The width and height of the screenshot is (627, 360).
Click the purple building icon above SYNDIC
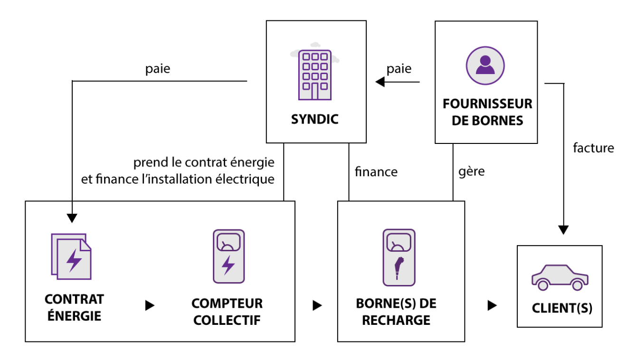point(315,75)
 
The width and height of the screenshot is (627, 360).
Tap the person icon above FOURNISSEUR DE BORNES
point(485,66)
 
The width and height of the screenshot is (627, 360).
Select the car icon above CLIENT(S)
point(560,277)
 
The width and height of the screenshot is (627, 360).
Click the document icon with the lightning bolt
point(71,256)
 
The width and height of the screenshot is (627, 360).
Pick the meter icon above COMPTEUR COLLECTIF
point(228,256)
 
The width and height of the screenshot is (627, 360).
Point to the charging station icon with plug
point(399,257)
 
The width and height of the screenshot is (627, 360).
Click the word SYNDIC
point(315,119)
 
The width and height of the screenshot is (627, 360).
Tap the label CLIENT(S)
point(562,308)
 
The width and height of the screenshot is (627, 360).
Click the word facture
point(593,148)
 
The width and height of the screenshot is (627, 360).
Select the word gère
point(471,171)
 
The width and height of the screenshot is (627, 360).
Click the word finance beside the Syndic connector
point(376,171)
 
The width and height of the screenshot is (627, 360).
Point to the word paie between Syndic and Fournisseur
point(399,69)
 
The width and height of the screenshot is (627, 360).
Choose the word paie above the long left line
point(158,69)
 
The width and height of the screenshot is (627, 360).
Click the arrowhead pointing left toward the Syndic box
point(380,82)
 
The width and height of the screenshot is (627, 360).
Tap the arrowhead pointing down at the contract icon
point(72,218)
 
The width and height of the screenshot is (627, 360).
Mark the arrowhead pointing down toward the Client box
point(563,230)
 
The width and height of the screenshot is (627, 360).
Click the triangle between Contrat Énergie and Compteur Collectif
point(150,305)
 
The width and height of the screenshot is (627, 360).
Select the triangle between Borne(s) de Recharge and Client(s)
point(492,305)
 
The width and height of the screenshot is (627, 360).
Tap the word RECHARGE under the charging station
point(396,320)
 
